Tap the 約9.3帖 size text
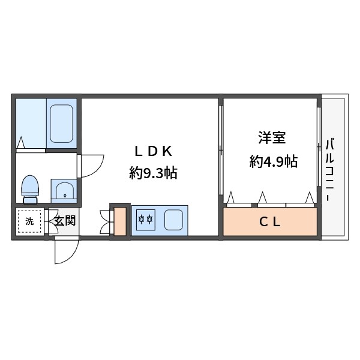tap(152, 174)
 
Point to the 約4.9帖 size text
tap(274, 161)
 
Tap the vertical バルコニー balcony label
tap(330, 163)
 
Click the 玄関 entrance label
tap(64, 221)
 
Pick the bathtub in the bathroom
tap(62, 124)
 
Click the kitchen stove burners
tap(146, 220)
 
